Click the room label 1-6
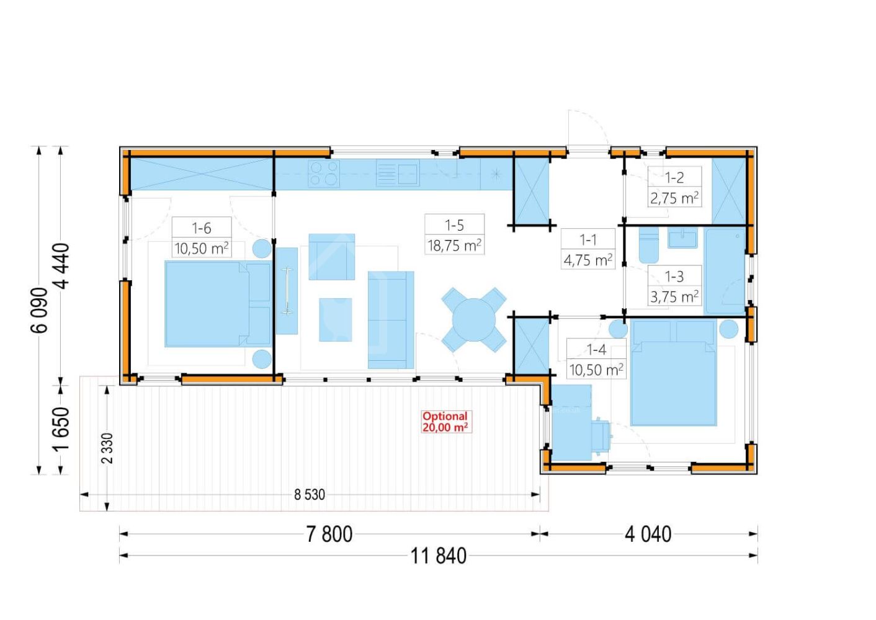coord(202,228)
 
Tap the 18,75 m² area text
coord(454,246)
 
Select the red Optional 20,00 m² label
coord(445,422)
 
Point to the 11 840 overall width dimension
coord(439,556)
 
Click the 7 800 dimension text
coord(329,534)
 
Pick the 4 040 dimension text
coord(648,534)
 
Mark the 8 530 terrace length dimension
coord(310,495)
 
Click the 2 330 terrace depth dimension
coord(107,448)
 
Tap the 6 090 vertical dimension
coord(39,310)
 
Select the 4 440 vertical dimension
coord(61,266)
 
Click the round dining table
coord(474,320)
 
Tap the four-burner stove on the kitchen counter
coord(324,174)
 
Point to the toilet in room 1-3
coord(649,245)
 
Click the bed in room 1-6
coord(218,304)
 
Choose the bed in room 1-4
coord(673,373)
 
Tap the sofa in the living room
coord(391,320)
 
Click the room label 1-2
coord(674,178)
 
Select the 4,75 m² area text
coord(588,260)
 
